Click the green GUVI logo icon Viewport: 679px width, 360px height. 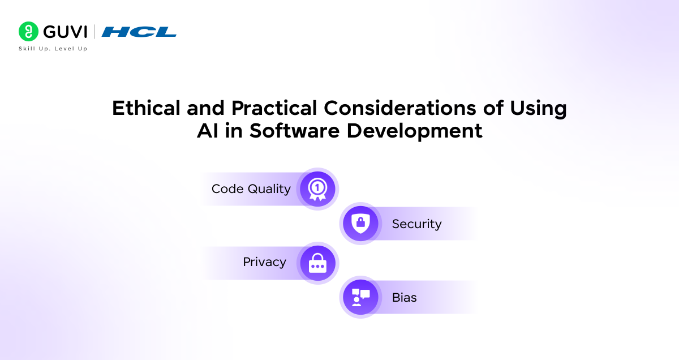click(28, 32)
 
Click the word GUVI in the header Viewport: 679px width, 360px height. click(65, 32)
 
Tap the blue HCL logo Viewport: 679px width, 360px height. click(139, 32)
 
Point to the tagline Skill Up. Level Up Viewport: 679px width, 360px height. click(53, 49)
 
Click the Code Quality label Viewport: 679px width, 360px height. click(251, 189)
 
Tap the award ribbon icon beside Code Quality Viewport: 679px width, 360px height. click(317, 189)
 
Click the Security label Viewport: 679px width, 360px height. click(416, 224)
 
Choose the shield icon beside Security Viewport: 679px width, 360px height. click(360, 224)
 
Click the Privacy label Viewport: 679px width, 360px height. click(264, 262)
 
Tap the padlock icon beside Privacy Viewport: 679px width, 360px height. click(317, 263)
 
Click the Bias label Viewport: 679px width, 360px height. click(404, 297)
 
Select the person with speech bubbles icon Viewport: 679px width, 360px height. click(360, 297)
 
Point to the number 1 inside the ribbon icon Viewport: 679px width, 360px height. click(317, 186)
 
